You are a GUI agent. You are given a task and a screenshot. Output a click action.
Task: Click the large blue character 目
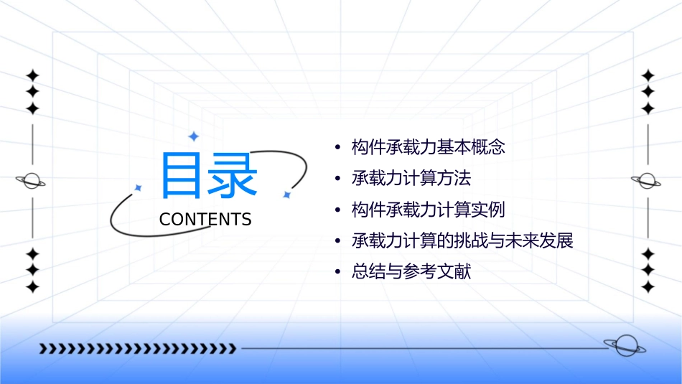click(x=182, y=175)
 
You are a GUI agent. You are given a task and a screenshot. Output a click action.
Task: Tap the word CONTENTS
click(x=205, y=220)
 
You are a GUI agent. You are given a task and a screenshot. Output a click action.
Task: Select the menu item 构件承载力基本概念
click(x=429, y=148)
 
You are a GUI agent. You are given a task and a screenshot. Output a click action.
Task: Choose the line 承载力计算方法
click(x=411, y=179)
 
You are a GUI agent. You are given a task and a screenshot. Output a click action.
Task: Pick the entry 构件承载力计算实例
click(x=429, y=210)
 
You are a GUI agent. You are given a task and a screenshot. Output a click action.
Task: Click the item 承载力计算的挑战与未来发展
click(x=463, y=240)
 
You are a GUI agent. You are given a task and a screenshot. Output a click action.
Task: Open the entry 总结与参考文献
click(x=411, y=271)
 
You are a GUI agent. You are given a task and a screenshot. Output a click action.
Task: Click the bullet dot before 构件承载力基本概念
click(x=337, y=149)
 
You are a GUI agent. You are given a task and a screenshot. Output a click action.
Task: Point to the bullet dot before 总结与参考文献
click(x=337, y=272)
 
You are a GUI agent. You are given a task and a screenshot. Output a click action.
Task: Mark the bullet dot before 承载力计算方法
click(x=337, y=179)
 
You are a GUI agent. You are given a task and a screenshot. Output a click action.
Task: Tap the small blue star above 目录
click(x=192, y=136)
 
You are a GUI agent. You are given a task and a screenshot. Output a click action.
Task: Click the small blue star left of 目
click(x=139, y=188)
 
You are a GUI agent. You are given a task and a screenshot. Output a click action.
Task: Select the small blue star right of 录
click(x=286, y=195)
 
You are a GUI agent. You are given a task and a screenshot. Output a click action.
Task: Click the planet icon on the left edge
click(x=31, y=181)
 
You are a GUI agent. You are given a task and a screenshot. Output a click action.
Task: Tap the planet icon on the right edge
click(x=648, y=181)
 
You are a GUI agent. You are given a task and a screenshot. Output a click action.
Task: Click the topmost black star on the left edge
click(x=32, y=75)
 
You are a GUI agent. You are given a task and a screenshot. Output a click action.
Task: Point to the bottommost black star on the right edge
click(x=648, y=287)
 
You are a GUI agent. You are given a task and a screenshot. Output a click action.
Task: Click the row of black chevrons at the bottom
click(x=137, y=349)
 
